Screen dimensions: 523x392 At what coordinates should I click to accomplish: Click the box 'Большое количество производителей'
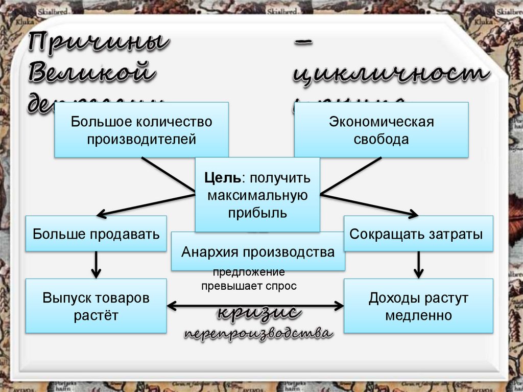pos(141,130)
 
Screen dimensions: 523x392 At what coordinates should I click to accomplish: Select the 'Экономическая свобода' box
pos(381,130)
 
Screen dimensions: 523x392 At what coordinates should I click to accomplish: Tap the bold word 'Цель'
pos(223,178)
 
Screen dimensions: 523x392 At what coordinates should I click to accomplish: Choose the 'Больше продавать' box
pos(96,234)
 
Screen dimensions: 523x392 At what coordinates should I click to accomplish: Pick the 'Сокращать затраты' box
pos(418,234)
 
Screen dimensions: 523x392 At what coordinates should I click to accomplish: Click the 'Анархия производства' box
pos(258,251)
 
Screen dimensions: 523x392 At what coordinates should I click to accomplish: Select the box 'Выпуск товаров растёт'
pos(96,306)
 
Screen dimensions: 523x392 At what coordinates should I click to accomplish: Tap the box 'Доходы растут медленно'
pos(418,306)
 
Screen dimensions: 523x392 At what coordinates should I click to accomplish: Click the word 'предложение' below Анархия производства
pos(249,273)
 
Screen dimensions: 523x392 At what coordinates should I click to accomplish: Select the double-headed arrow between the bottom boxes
pos(255,306)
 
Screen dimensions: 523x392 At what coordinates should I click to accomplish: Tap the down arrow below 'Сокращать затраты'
pos(419,265)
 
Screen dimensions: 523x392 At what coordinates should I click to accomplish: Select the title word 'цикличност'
pos(391,75)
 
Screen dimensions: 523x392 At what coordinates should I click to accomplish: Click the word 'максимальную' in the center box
pos(257,195)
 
